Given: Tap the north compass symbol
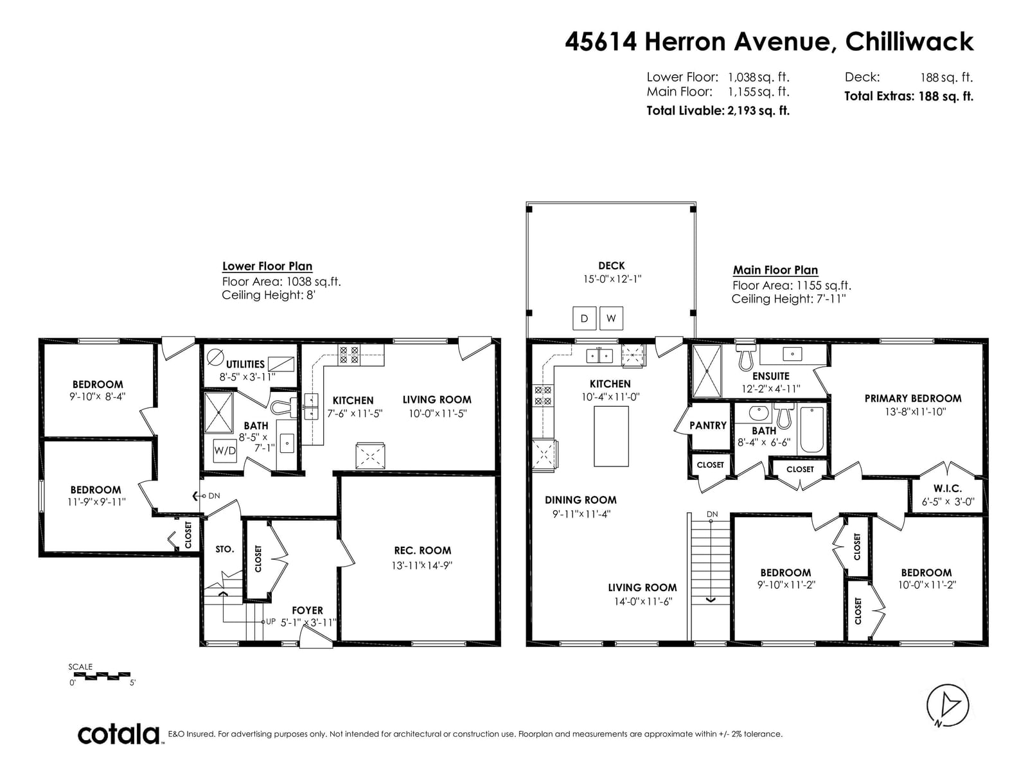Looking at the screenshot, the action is point(948,705).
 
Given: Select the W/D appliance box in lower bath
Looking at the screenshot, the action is point(225,451).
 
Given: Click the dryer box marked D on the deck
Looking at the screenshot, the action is point(585,318).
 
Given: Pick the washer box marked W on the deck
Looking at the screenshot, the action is point(611,318).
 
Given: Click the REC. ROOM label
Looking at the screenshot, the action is point(422,551).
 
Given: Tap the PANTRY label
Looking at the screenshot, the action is point(707,425).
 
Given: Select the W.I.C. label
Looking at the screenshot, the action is point(948,488).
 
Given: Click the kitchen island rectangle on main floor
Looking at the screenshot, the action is point(611,436).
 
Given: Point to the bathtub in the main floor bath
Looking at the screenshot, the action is point(811,430).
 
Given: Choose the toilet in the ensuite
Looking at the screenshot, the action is point(745,357).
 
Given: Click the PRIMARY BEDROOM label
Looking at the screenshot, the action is point(913,398).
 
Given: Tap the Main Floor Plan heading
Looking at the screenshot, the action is point(775,270).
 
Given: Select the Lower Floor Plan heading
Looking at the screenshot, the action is point(267,266).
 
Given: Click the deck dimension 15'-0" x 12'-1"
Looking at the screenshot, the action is point(612,279).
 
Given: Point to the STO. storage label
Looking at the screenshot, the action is point(225,549).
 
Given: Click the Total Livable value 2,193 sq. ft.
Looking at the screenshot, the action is point(758,111).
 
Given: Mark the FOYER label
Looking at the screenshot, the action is point(307,610).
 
